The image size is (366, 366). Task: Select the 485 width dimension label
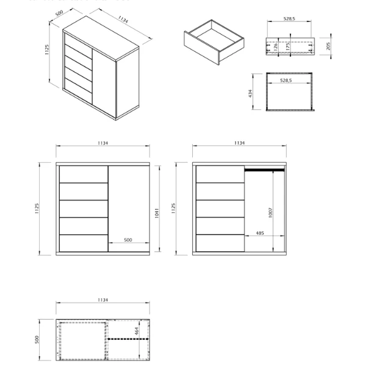click(259, 232)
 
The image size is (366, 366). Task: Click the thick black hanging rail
click(265, 170)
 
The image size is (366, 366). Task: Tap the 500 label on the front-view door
click(127, 240)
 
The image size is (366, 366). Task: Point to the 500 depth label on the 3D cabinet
click(59, 14)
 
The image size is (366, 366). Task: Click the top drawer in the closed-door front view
click(83, 174)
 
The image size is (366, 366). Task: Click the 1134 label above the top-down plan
click(102, 300)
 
